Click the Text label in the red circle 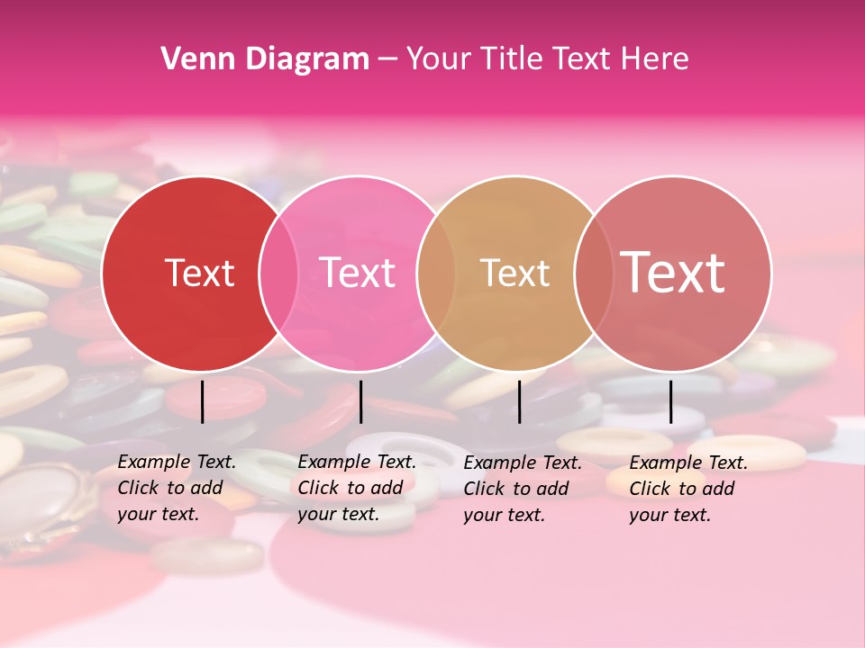pos(199,273)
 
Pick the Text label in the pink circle pos(357,273)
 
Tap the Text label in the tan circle pos(514,273)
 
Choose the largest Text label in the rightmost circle pos(672,273)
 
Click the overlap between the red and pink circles pos(278,273)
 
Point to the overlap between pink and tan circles pos(436,273)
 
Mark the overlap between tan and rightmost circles pos(593,273)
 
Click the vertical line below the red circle pos(202,401)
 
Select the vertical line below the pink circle pos(360,401)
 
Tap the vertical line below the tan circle pos(519,401)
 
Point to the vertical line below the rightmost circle pos(670,401)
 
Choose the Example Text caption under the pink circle pos(356,488)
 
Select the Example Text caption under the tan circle pos(522,489)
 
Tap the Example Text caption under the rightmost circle pos(687,489)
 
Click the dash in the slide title pos(387,59)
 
